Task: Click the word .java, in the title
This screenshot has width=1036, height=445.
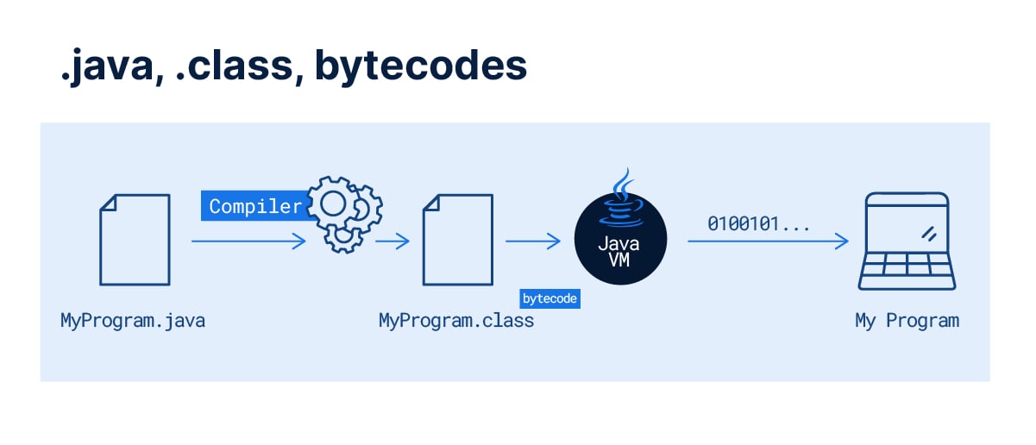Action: (108, 67)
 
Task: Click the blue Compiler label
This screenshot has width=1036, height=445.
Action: (255, 206)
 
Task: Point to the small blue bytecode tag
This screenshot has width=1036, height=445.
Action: (549, 298)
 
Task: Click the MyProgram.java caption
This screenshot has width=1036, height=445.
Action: (133, 321)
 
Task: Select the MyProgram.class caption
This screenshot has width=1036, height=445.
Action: (456, 321)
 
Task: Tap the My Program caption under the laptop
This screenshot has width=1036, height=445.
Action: (907, 321)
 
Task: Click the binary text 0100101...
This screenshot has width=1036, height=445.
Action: (758, 224)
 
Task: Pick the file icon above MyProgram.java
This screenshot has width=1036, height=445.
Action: (135, 239)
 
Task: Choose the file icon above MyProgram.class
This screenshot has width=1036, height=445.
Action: (457, 239)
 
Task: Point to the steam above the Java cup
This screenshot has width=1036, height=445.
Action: (619, 183)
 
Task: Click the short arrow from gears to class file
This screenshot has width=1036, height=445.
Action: (392, 242)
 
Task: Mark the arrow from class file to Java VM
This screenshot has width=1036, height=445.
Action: (533, 242)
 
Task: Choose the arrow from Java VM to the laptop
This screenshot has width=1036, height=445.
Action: (768, 242)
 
